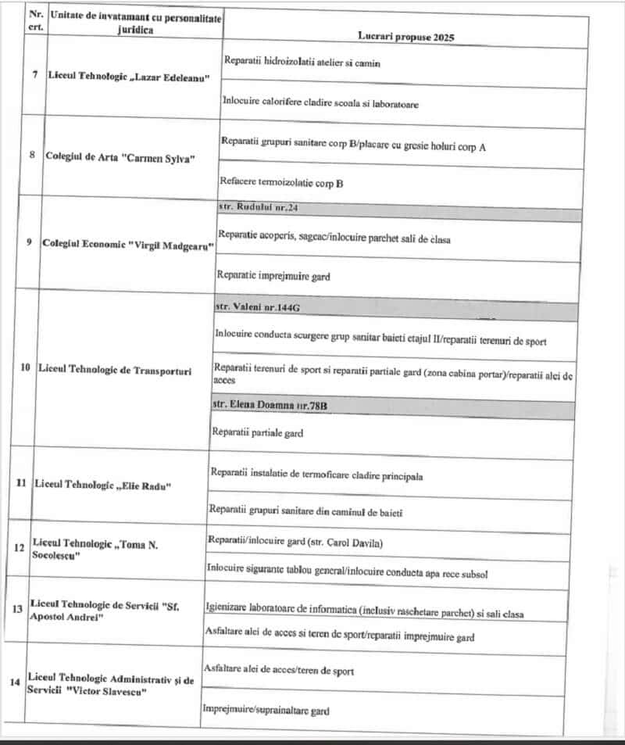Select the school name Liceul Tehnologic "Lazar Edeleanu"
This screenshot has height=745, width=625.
pyautogui.click(x=129, y=77)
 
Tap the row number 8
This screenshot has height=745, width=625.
pyautogui.click(x=32, y=155)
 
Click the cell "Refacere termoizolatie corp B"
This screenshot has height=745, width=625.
pyautogui.click(x=282, y=184)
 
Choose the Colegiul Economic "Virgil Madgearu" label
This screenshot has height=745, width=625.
pyautogui.click(x=128, y=242)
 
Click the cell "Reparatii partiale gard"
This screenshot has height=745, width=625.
pyautogui.click(x=257, y=432)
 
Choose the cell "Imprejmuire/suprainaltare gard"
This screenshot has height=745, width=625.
pyautogui.click(x=265, y=711)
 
